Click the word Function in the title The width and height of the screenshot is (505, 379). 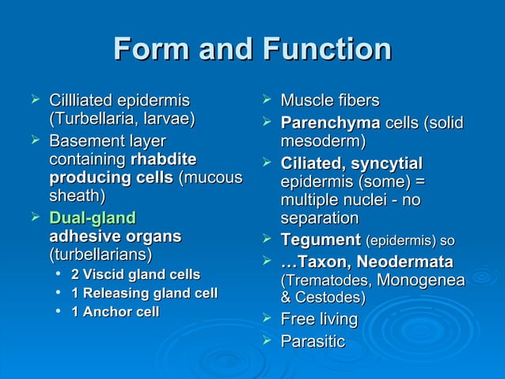[324, 50]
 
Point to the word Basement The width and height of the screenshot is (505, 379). [84, 141]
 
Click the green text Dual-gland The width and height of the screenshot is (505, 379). [92, 217]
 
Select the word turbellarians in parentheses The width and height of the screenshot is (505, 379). [101, 255]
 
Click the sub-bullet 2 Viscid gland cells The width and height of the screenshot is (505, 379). [135, 274]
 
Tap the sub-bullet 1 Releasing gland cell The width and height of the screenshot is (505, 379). [144, 293]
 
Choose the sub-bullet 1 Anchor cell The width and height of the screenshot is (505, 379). [115, 312]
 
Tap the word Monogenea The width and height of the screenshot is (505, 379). [420, 280]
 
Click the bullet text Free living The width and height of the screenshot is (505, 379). [319, 320]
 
